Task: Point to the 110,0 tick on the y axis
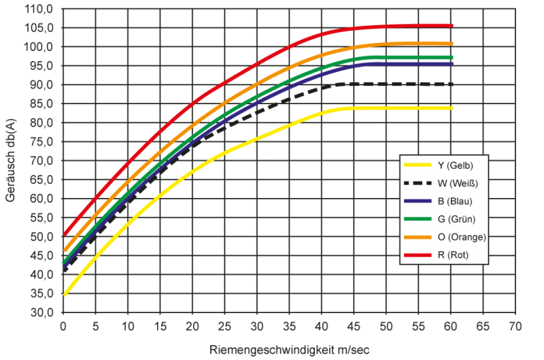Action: tap(41, 9)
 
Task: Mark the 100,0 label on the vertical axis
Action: tap(41, 47)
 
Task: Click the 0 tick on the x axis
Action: tap(63, 325)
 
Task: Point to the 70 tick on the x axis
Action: tap(515, 325)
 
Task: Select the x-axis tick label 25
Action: tap(224, 325)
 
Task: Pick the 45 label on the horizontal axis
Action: tap(354, 325)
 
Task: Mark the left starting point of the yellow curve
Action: tap(64, 295)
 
